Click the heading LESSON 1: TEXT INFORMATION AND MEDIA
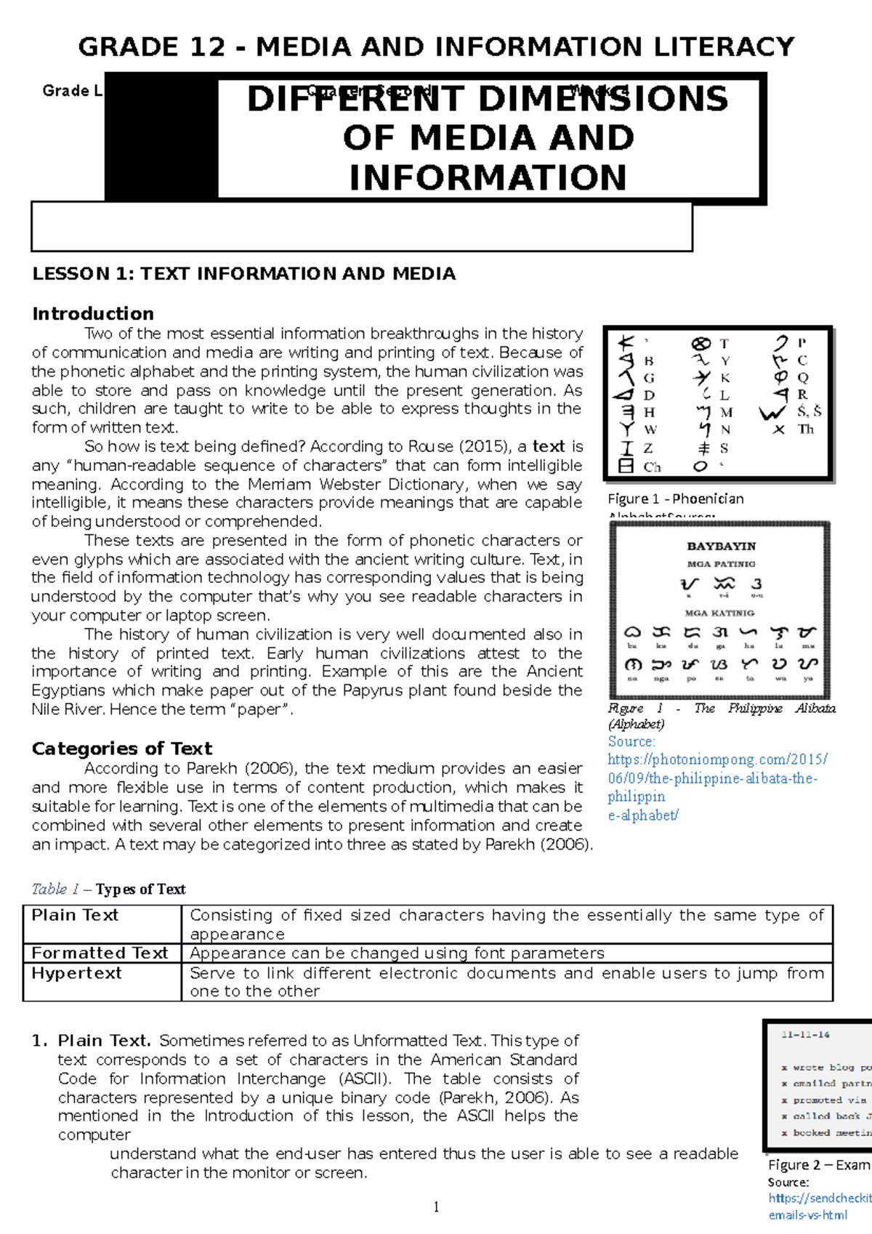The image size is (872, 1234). pos(243,274)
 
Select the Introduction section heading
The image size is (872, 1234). pos(93,314)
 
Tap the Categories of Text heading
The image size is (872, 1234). pos(121,749)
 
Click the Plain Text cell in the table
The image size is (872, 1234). pos(75,916)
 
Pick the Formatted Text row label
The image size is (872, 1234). pos(100,953)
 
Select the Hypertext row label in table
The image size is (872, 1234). pos(76,973)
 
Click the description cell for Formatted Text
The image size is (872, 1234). pos(397,953)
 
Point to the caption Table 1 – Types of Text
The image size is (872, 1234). pos(109,890)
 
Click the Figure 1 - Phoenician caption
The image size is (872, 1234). pos(675,499)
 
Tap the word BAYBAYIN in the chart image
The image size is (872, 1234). pos(721,546)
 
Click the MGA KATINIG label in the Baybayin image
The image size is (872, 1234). pos(719,613)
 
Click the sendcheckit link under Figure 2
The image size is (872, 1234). pos(820,1198)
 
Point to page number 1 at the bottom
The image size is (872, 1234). pos(436,1207)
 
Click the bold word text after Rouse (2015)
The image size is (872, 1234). pos(548,446)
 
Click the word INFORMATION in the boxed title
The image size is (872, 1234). pos(488,177)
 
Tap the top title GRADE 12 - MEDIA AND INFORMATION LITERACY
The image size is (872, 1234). pos(436,47)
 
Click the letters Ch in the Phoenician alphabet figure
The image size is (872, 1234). pos(652,467)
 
